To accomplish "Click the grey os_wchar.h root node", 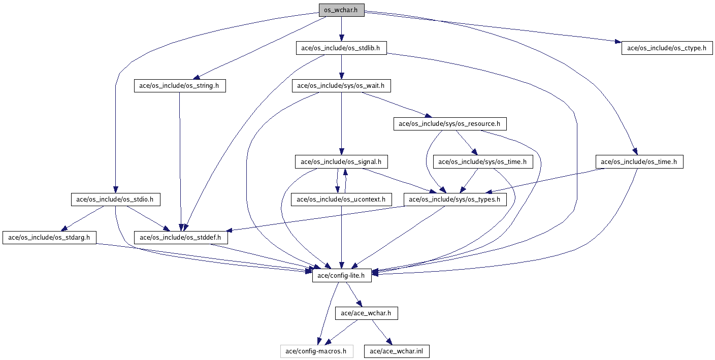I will (x=341, y=10).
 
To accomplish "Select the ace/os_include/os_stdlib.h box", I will (x=341, y=48).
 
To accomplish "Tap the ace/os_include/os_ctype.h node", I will (x=667, y=48).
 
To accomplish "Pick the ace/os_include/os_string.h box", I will (x=179, y=86).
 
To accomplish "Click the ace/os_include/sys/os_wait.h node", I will (x=341, y=86).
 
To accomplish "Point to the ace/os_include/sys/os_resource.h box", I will (x=449, y=123).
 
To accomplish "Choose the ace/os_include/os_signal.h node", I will (x=341, y=162).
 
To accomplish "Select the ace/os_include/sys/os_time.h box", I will (x=482, y=162).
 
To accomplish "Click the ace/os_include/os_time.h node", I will (x=639, y=162).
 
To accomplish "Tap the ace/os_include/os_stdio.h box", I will (x=115, y=200).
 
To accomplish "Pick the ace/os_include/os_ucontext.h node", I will (x=341, y=200).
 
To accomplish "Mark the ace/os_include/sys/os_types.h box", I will (x=454, y=200).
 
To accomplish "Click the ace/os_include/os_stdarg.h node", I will (x=49, y=237).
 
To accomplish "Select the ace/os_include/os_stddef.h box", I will (x=180, y=237).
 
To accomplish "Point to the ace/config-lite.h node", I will (x=341, y=276).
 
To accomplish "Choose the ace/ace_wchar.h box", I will (x=366, y=313).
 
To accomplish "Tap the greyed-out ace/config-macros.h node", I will (x=316, y=351).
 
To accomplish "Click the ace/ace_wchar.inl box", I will (x=396, y=351).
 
